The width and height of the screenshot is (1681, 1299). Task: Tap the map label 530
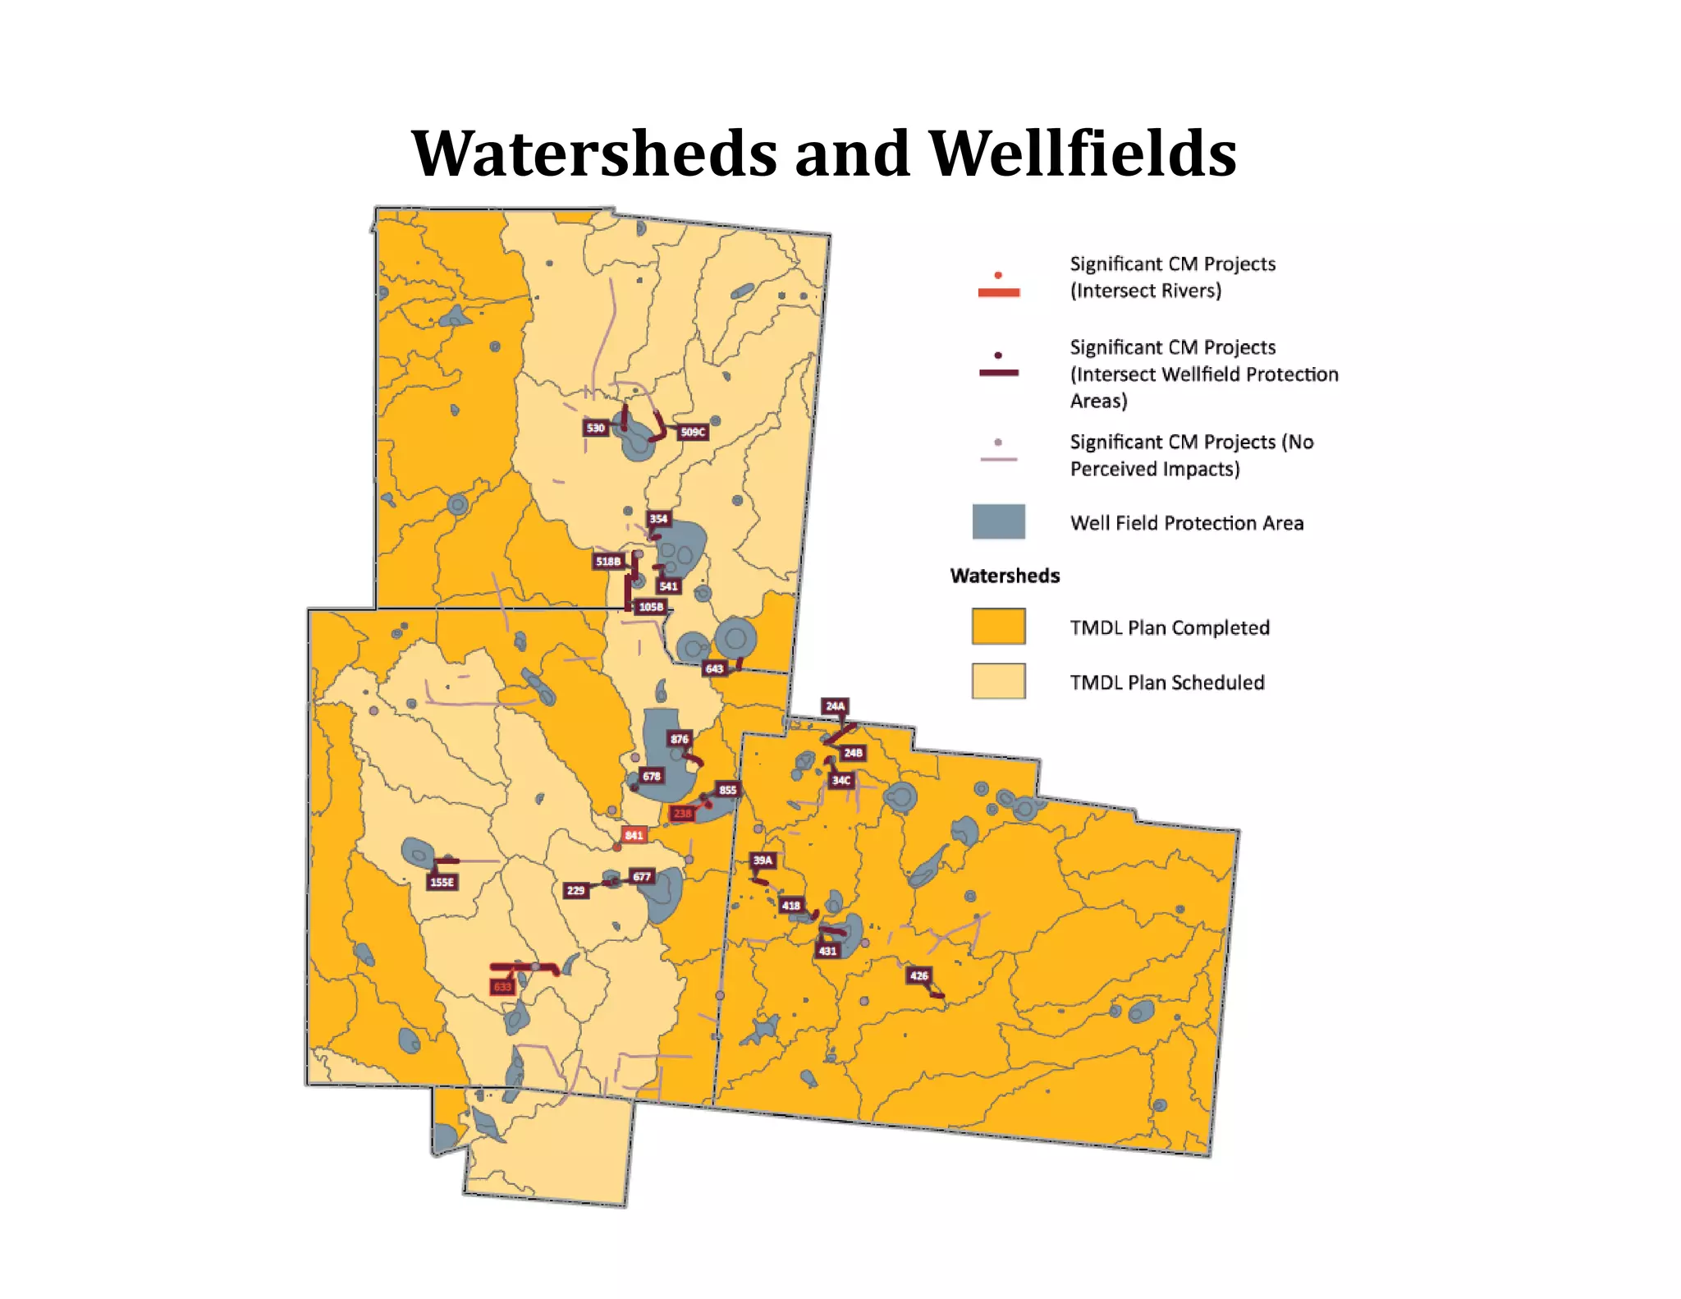tap(596, 428)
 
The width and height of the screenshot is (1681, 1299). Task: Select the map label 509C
tap(693, 432)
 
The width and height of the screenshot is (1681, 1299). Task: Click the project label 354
tap(658, 519)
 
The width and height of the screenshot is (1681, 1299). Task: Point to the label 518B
tap(608, 562)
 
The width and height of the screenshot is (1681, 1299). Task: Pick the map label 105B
tap(651, 607)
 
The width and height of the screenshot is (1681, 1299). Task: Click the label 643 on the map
tap(715, 668)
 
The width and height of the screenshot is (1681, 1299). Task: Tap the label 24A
tap(835, 706)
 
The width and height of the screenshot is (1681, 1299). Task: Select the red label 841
tap(634, 835)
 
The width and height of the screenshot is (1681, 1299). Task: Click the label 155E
tap(442, 882)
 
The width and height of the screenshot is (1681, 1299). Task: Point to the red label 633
tap(502, 986)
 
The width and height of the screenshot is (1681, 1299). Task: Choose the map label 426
tap(918, 975)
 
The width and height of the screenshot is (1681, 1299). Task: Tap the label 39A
tap(763, 861)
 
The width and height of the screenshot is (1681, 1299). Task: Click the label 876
tap(680, 739)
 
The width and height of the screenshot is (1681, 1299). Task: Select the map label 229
tap(576, 890)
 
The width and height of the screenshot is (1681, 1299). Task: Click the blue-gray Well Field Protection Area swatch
tap(998, 522)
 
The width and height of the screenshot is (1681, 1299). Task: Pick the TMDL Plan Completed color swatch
tap(998, 627)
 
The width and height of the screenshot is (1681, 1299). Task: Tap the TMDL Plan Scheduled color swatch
tap(998, 682)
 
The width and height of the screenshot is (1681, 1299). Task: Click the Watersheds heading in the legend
tap(1005, 576)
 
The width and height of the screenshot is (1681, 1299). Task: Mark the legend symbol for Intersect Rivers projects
tap(998, 287)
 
